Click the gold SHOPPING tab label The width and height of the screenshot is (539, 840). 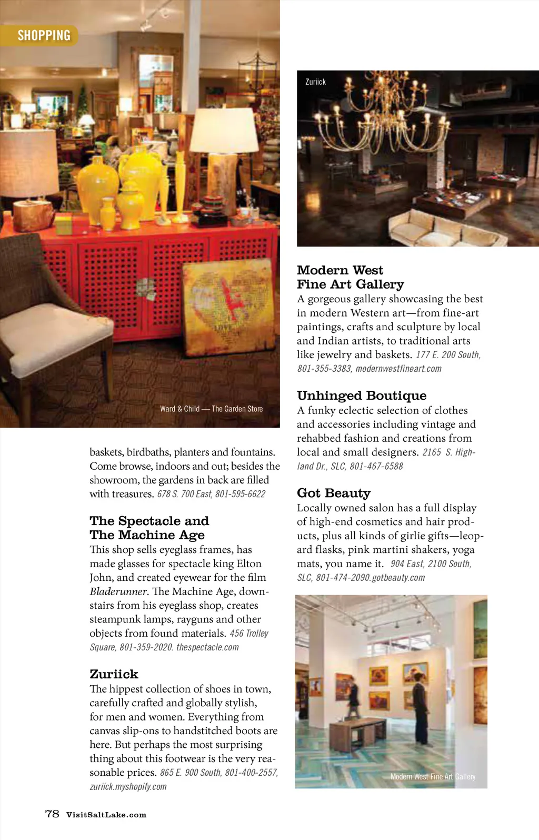pos(44,35)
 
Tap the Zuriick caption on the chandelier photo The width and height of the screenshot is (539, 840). pos(315,82)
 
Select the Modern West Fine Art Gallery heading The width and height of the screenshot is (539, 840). pos(350,277)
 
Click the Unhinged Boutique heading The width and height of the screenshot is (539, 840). pos(362,396)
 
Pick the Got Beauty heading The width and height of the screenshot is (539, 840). pos(334,493)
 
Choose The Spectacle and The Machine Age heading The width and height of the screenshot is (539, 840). pos(149,528)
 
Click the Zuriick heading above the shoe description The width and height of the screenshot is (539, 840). pos(114,674)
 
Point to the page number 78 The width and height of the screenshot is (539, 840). pos(52,814)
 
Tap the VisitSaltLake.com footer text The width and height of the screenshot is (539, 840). pos(106,815)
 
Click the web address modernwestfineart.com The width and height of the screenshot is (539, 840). pos(398,369)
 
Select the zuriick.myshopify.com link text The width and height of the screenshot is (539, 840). pos(128,787)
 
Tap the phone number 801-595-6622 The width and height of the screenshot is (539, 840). pos(240,494)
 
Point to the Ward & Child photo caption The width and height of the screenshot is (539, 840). pos(211,409)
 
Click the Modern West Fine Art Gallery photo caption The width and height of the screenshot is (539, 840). pos(433,776)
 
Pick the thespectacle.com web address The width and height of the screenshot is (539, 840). pos(207,647)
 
